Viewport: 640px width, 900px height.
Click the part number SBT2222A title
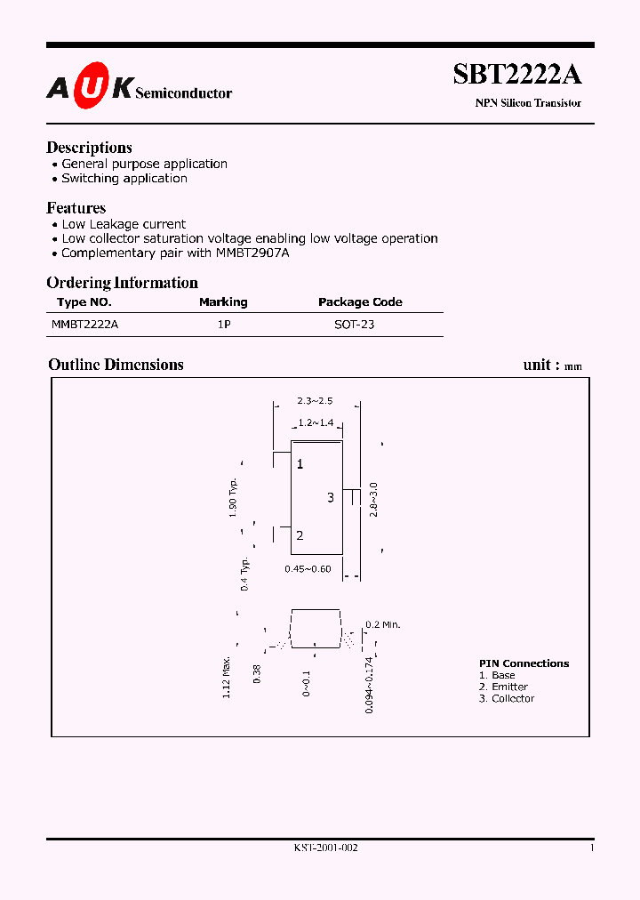(x=516, y=75)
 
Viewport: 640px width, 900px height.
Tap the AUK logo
(x=90, y=87)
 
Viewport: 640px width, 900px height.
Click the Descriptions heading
(x=89, y=148)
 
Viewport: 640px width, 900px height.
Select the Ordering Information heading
(x=122, y=283)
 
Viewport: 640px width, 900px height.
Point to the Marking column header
(x=223, y=302)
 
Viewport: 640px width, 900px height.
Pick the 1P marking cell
(x=224, y=325)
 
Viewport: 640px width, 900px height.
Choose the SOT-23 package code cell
(x=354, y=325)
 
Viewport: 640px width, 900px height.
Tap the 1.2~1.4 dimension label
(x=316, y=422)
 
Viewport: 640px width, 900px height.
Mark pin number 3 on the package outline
(x=330, y=497)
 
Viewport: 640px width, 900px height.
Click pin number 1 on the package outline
(x=300, y=464)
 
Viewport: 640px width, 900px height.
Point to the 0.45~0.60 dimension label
(x=308, y=568)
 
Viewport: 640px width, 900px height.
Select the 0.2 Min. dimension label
(x=383, y=624)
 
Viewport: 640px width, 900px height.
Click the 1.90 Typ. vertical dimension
(x=233, y=496)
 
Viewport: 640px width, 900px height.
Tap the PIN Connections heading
(x=524, y=663)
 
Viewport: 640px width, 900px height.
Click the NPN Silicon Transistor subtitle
(x=528, y=103)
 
